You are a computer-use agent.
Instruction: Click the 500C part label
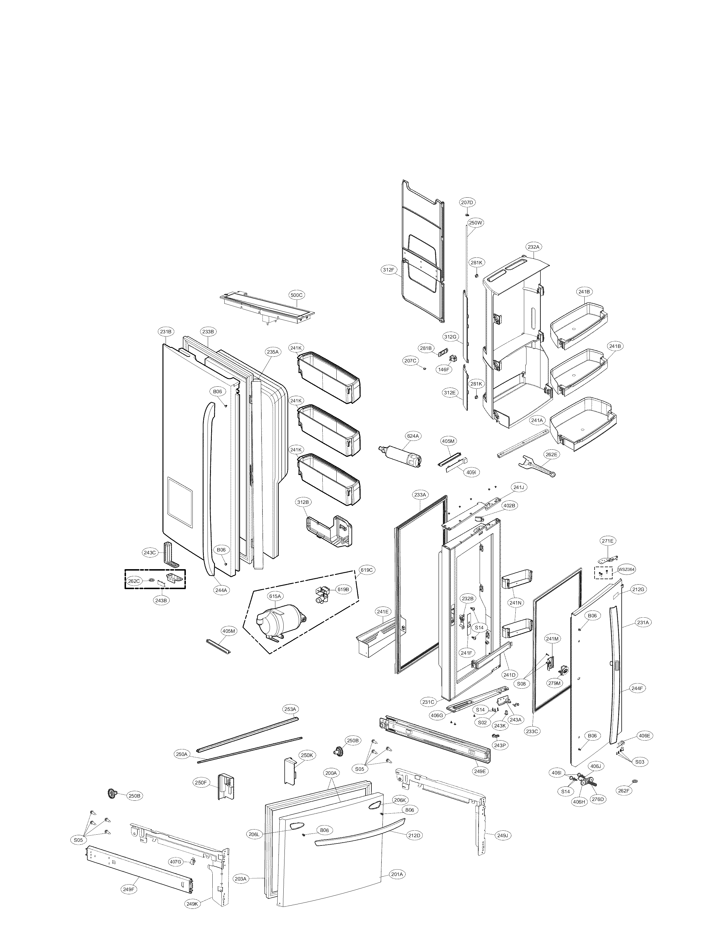(x=296, y=295)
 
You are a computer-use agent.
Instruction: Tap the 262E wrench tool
(x=536, y=467)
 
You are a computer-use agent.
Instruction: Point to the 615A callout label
(x=275, y=596)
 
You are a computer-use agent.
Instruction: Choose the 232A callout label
(x=533, y=247)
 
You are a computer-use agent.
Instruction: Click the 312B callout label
(x=302, y=502)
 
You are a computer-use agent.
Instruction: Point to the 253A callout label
(x=290, y=709)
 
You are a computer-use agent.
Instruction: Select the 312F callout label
(x=388, y=270)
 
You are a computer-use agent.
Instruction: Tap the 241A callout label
(x=537, y=420)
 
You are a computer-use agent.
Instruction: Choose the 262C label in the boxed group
(x=134, y=581)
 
